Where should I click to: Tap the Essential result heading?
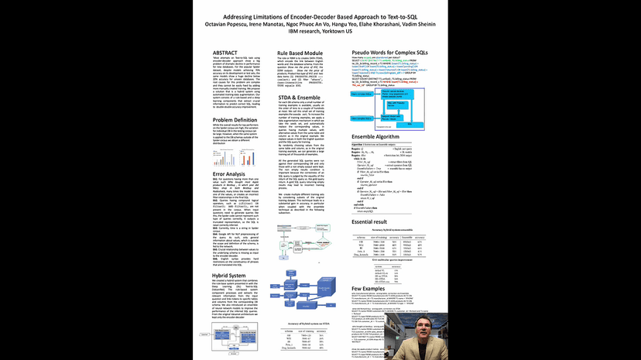click(x=362, y=221)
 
